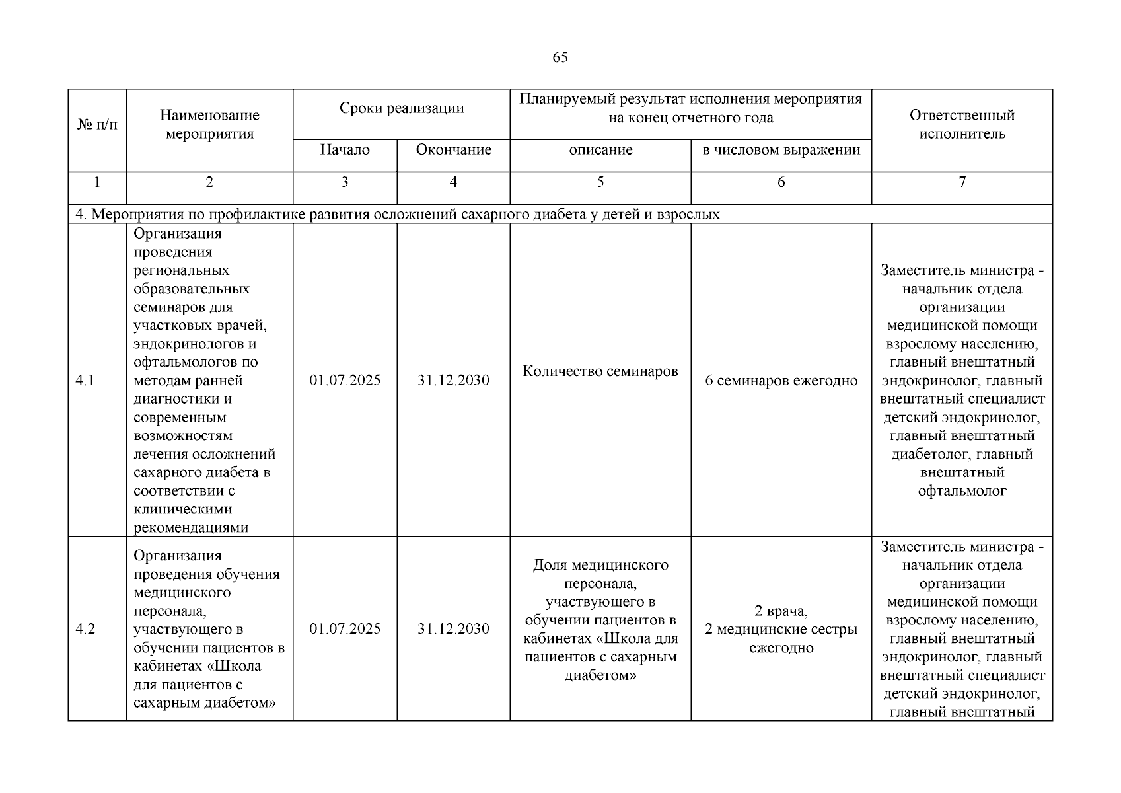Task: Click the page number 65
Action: [x=560, y=57]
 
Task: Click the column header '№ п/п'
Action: [x=97, y=124]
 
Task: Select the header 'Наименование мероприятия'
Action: [x=209, y=124]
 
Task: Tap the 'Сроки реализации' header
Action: [x=402, y=108]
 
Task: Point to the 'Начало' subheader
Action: [x=345, y=150]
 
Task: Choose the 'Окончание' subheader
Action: [x=453, y=150]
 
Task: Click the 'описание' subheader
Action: [x=600, y=150]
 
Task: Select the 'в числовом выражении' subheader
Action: [x=781, y=150]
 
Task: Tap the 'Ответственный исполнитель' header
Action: [x=962, y=124]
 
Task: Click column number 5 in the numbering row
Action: [x=600, y=182]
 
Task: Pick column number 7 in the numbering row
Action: [x=962, y=182]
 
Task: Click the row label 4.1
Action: [x=85, y=381]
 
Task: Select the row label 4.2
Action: [x=85, y=629]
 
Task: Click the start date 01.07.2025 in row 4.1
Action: [x=345, y=381]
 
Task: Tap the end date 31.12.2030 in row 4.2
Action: [x=453, y=629]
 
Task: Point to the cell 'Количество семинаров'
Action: [x=600, y=371]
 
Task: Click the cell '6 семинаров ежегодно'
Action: [x=781, y=381]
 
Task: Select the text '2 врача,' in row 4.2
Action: [x=781, y=611]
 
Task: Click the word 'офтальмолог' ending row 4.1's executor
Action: [x=962, y=491]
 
